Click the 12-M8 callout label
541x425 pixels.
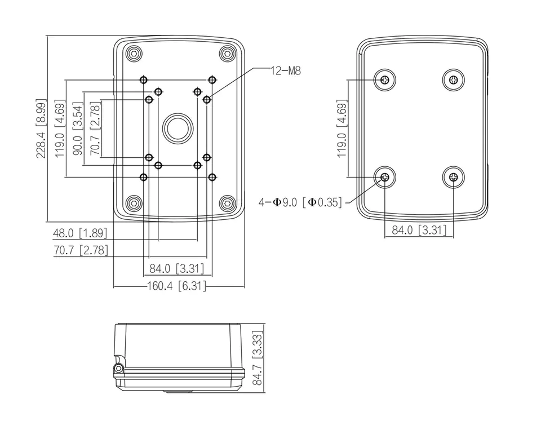tap(286, 70)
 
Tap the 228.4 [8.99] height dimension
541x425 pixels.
tap(41, 129)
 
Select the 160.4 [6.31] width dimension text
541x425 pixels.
tap(176, 286)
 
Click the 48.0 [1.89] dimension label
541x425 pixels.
tap(80, 233)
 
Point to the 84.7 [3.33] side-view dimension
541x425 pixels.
tap(257, 358)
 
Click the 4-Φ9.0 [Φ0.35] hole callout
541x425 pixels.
tap(300, 202)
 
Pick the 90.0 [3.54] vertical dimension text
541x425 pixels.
tap(78, 129)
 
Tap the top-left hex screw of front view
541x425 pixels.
tap(134, 54)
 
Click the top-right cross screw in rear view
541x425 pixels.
tap(453, 81)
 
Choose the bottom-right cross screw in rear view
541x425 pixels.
tap(453, 178)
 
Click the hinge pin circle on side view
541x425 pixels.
tap(119, 369)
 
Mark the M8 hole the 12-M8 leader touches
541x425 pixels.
tap(207, 100)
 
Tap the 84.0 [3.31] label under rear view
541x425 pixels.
tap(419, 230)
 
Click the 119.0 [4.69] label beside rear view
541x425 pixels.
tap(342, 129)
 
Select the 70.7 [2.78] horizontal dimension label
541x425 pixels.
tap(81, 250)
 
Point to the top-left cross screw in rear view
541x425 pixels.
tap(385, 81)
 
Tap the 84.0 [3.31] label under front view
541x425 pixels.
tap(176, 268)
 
